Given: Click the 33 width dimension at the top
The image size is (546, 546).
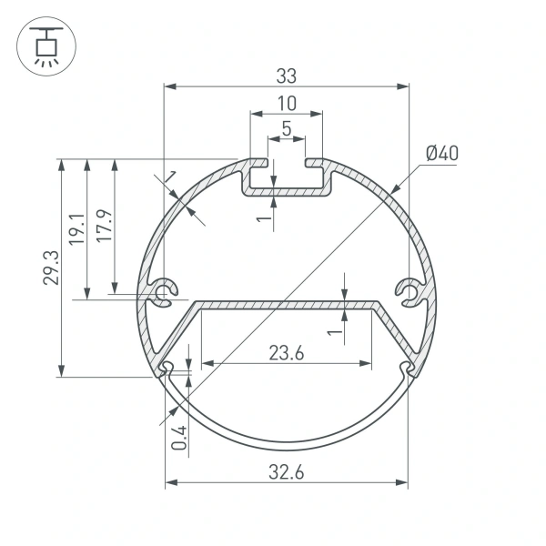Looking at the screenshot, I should (286, 76).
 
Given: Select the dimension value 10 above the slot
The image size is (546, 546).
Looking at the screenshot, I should (286, 102).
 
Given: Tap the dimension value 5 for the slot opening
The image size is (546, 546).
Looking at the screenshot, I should (286, 129).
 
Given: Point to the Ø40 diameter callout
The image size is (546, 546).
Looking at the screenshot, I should (441, 153).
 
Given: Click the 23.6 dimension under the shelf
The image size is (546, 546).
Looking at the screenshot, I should (286, 352).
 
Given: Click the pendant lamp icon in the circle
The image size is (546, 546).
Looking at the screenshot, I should (43, 44).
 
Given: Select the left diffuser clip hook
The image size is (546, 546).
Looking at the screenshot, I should (167, 369).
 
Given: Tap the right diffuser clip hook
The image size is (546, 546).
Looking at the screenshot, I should (406, 369).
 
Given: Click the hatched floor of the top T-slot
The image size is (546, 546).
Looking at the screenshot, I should (286, 194).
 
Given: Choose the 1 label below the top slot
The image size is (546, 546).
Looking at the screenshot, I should (261, 218).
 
